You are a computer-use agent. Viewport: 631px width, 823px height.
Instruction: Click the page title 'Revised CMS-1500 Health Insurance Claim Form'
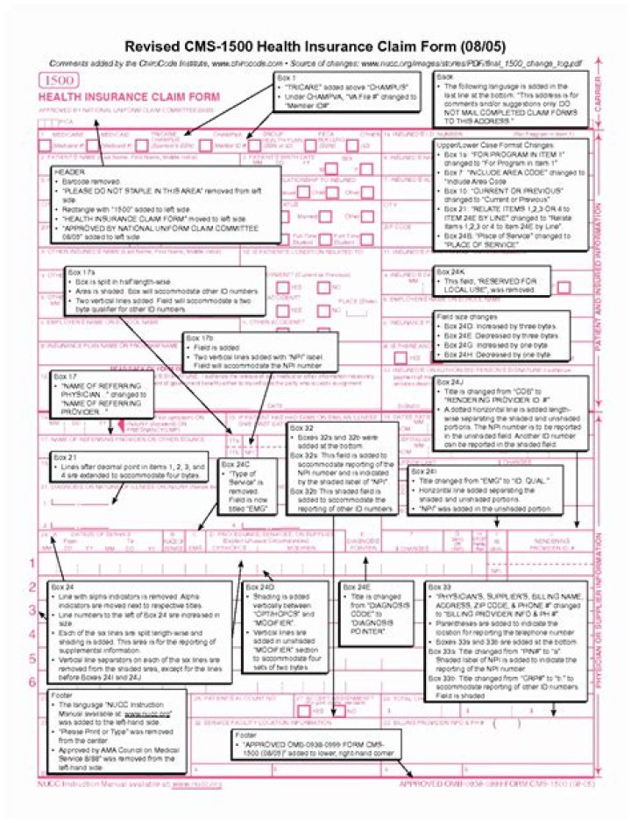tap(315, 46)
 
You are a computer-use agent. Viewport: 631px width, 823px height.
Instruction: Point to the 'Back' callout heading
tap(445, 77)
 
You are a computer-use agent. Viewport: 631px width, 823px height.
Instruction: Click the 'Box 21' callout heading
tap(66, 456)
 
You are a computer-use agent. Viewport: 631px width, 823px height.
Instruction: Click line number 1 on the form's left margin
tap(32, 563)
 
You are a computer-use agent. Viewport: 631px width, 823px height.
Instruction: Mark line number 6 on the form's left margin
tap(32, 682)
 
